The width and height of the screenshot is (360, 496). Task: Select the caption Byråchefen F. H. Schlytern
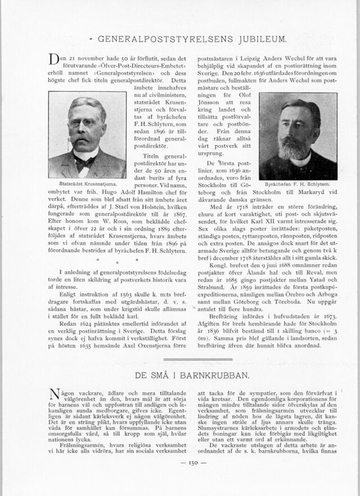(x=298, y=184)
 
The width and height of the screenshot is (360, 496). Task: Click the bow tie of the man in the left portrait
(x=85, y=162)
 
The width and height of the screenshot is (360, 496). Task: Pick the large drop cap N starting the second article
(x=55, y=394)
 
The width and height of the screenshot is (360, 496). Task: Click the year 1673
(x=328, y=324)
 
